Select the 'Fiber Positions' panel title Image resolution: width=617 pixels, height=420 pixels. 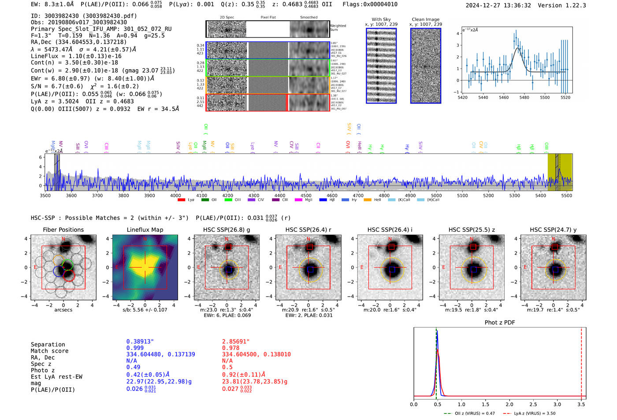[x=63, y=230]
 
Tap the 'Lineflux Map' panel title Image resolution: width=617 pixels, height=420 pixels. [x=145, y=230]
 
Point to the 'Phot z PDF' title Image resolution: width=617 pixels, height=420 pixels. [x=499, y=323]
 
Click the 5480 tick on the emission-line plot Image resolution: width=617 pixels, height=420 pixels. [x=524, y=97]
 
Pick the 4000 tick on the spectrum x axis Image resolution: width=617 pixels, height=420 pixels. [x=175, y=196]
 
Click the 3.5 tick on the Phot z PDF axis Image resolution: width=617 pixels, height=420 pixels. [x=581, y=404]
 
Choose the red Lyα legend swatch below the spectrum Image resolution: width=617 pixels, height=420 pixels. [x=181, y=200]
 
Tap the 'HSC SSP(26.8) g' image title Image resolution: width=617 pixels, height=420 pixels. [x=226, y=230]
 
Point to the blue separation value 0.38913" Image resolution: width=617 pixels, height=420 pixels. [x=140, y=342]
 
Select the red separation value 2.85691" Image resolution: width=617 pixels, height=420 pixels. [x=235, y=342]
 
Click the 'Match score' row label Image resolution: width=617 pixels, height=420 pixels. [x=49, y=351]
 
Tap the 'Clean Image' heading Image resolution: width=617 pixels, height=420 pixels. [x=425, y=19]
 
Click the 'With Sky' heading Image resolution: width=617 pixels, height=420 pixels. [x=381, y=19]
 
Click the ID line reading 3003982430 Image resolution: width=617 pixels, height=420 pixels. [x=84, y=16]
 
